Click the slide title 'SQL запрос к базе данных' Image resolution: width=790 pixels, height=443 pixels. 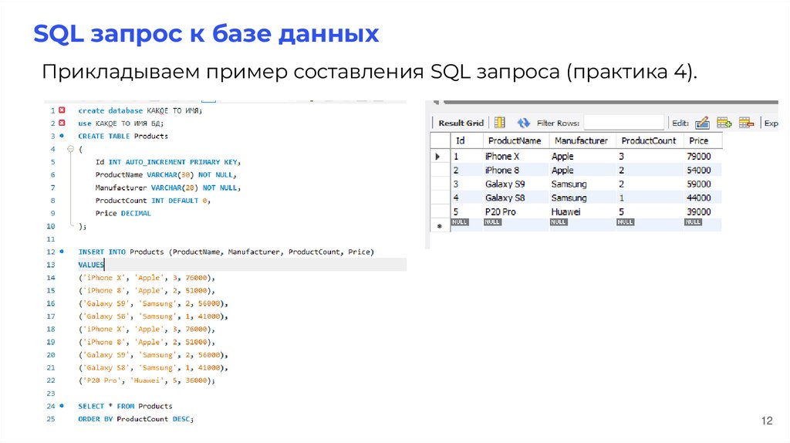click(x=206, y=34)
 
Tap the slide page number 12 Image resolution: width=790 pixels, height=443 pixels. click(x=766, y=421)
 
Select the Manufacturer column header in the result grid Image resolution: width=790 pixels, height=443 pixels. click(x=579, y=140)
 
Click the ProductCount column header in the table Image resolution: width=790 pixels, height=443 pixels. click(x=648, y=140)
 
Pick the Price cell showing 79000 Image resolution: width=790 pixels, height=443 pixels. click(x=700, y=156)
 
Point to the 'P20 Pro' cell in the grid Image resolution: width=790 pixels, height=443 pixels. click(x=500, y=211)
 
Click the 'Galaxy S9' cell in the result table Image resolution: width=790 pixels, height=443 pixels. click(x=505, y=184)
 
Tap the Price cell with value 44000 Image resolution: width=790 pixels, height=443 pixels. click(x=700, y=198)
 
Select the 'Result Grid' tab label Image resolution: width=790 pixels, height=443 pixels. click(x=461, y=123)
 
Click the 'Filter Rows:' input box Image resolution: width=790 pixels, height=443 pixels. click(x=623, y=123)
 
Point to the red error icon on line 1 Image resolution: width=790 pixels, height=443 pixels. click(x=62, y=110)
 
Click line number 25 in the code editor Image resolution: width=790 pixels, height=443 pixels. click(x=50, y=418)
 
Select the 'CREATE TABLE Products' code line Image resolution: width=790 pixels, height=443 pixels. click(x=123, y=136)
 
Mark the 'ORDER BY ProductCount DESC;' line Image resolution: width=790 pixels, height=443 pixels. click(x=137, y=418)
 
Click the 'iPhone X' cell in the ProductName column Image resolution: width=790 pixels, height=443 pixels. click(x=501, y=156)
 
